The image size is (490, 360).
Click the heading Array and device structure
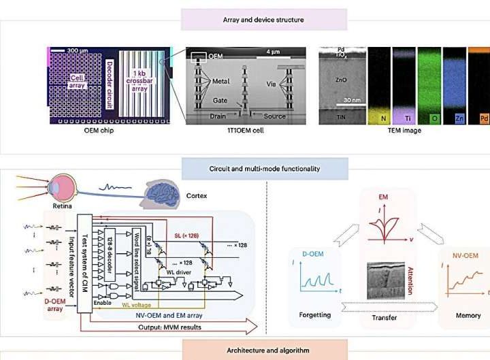click(x=263, y=20)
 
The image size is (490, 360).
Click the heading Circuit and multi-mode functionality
click(x=263, y=167)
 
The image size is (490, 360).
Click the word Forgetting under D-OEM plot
click(x=316, y=314)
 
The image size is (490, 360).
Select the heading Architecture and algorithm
click(x=263, y=350)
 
